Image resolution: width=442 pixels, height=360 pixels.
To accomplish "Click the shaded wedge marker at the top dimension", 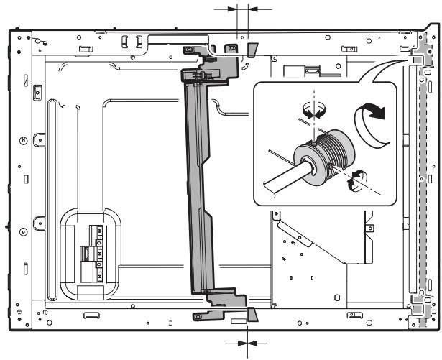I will (252, 49).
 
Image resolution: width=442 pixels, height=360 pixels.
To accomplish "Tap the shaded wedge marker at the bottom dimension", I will (252, 314).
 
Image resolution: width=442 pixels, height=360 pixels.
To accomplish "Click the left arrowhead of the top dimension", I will (232, 9).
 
